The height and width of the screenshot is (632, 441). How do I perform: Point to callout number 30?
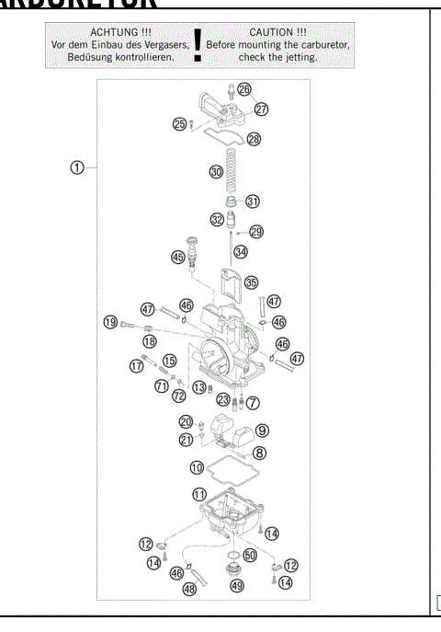coord(216,172)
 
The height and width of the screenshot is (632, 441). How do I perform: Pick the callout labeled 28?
coord(254,139)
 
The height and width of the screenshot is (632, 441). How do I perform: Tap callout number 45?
coord(176,259)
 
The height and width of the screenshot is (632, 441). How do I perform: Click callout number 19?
coord(111,322)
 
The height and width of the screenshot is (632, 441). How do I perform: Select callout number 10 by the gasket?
coord(197,467)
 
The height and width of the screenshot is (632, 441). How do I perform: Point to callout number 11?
coord(199,494)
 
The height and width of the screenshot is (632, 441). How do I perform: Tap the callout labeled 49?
coord(237,584)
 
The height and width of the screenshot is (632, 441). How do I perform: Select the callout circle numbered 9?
coord(262,430)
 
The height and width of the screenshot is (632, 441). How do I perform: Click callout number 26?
coord(243,89)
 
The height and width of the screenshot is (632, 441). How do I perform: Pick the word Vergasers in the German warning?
coord(162,44)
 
